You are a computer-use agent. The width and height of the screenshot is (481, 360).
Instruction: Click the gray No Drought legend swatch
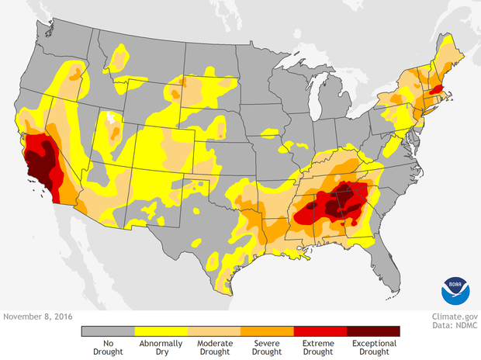[108, 331]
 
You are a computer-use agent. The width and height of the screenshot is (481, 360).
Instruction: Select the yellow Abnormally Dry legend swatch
[161, 331]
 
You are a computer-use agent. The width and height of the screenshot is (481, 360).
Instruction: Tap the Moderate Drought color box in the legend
[213, 331]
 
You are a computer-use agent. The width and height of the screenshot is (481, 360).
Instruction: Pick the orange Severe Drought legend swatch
[267, 331]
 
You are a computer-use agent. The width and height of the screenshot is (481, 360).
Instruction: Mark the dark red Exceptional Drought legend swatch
[373, 331]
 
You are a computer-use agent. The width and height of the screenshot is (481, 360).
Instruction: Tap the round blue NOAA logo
[455, 290]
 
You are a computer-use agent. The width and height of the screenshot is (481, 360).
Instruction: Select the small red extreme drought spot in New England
[435, 90]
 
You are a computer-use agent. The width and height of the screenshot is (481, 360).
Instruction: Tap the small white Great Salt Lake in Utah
[113, 119]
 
